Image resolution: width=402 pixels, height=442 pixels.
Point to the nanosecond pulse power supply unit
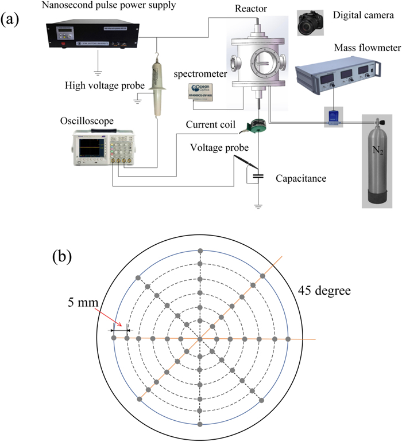(x=89, y=34)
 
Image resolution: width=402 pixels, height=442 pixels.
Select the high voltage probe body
(x=156, y=86)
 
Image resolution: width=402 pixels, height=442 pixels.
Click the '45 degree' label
(x=324, y=291)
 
